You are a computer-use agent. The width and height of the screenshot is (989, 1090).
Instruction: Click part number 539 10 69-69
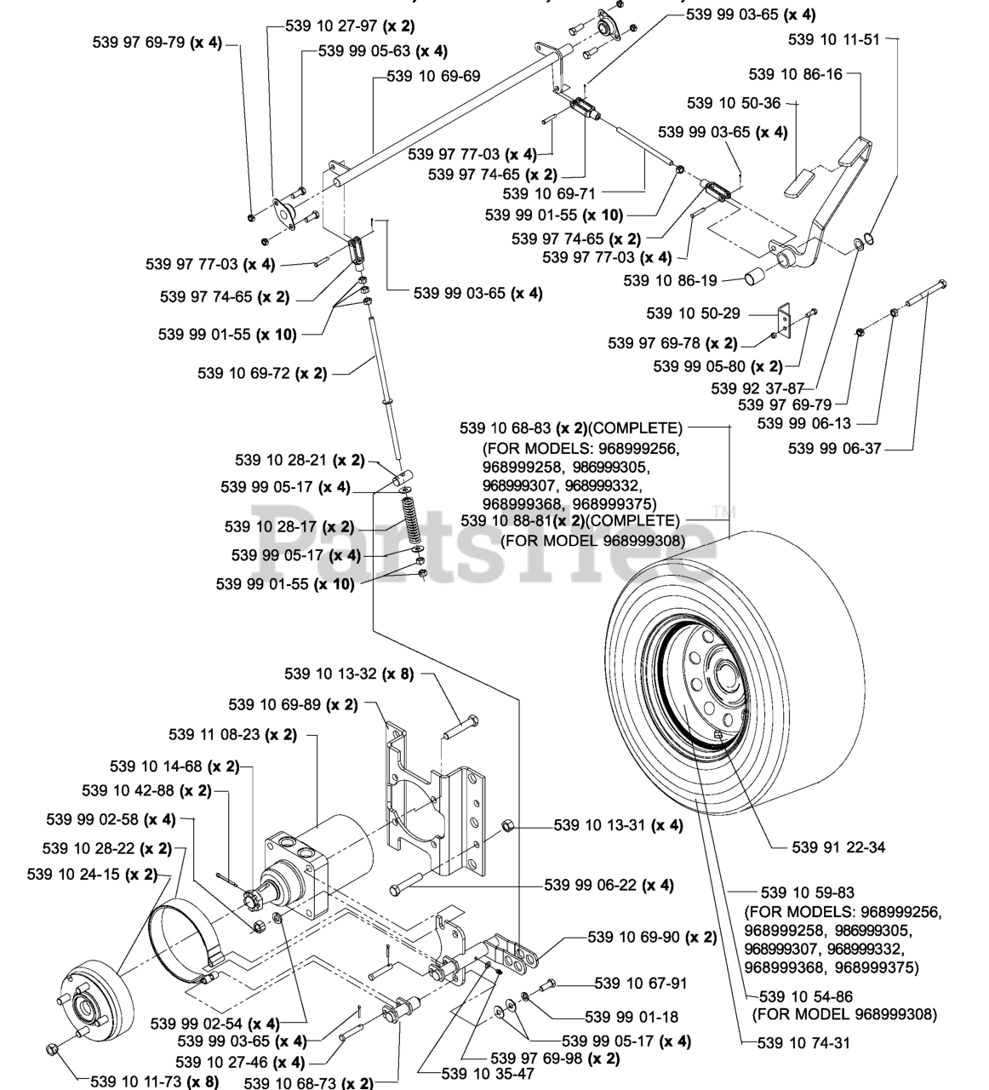pos(433,76)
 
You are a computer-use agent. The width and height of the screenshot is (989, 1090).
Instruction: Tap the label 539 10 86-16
pos(795,74)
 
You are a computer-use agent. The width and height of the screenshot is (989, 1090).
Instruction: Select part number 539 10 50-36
pos(733,103)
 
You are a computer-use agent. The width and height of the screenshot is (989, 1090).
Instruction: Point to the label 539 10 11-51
pos(834,39)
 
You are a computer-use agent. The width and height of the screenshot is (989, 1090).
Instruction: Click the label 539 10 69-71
pos(549,193)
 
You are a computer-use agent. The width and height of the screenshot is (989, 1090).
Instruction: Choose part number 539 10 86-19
pos(670,280)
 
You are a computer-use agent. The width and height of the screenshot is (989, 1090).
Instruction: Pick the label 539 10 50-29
pos(693,313)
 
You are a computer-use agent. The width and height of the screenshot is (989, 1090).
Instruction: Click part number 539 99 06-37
pos(834,448)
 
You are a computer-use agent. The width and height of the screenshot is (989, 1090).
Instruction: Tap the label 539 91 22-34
pos(838,847)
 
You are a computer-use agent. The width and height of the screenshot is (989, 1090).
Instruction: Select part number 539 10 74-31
pos(803,1042)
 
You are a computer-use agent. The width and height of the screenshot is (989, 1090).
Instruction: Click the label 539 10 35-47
pos(488,1074)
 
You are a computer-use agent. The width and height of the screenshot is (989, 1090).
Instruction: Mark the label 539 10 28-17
pos(271,526)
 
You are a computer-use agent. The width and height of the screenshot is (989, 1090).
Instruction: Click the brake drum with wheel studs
pos(95,998)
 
